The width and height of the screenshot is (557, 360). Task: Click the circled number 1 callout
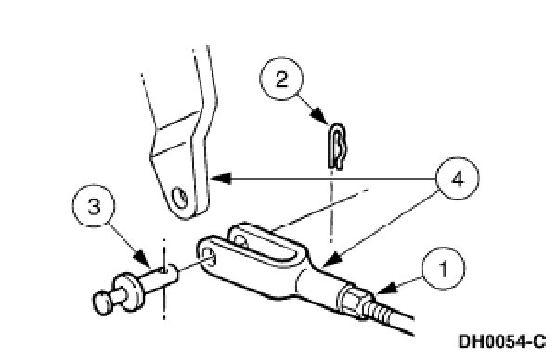443,269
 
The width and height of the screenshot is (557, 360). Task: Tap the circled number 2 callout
281,79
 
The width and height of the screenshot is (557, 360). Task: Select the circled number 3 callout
94,206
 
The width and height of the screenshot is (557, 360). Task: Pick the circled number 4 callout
458,178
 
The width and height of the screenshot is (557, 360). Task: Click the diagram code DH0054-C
502,341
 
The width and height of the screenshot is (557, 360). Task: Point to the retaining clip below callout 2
336,146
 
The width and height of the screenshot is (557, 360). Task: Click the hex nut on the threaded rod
351,299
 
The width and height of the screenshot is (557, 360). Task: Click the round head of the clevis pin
103,302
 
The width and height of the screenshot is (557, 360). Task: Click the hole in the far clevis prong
240,239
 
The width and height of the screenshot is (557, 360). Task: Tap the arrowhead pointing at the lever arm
221,177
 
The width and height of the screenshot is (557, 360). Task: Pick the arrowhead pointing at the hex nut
386,288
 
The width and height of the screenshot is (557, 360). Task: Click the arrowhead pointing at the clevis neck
330,262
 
